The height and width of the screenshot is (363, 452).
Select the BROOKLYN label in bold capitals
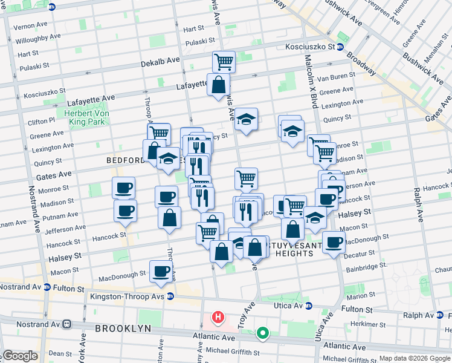click(123, 328)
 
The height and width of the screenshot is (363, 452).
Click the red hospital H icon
click(217, 317)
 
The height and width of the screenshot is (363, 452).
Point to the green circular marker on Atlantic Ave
click(262, 332)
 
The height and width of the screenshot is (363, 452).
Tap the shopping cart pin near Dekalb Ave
click(224, 61)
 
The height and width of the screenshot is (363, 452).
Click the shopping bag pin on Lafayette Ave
click(218, 85)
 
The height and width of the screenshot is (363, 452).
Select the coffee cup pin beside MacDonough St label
click(161, 271)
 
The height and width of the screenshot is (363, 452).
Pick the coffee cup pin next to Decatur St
click(333, 242)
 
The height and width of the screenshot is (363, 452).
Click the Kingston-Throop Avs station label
click(127, 296)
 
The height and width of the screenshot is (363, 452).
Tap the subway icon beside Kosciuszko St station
click(340, 47)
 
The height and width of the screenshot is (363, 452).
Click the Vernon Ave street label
click(30, 27)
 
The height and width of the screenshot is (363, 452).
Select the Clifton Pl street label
click(41, 122)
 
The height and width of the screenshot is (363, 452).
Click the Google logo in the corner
click(19, 356)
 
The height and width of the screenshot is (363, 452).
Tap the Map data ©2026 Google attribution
click(414, 358)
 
